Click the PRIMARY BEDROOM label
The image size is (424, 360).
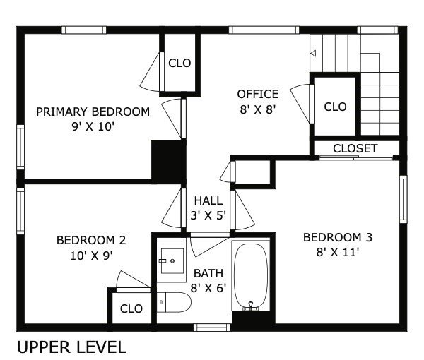point(93,112)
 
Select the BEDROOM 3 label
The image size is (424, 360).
point(337,236)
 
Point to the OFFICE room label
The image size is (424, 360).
point(257,94)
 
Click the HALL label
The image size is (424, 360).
point(208,201)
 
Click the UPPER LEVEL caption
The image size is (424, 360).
point(71,347)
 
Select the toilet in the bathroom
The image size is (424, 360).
point(174,304)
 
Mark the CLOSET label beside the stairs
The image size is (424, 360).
point(355,148)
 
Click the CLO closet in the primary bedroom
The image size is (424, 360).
point(179,63)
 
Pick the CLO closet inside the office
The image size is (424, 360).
point(335,107)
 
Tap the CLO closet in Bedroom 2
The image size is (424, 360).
point(131,308)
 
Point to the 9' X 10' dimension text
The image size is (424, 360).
point(93,126)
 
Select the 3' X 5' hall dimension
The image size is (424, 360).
point(208,215)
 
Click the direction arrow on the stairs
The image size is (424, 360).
point(314,53)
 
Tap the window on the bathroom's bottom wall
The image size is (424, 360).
point(211,327)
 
